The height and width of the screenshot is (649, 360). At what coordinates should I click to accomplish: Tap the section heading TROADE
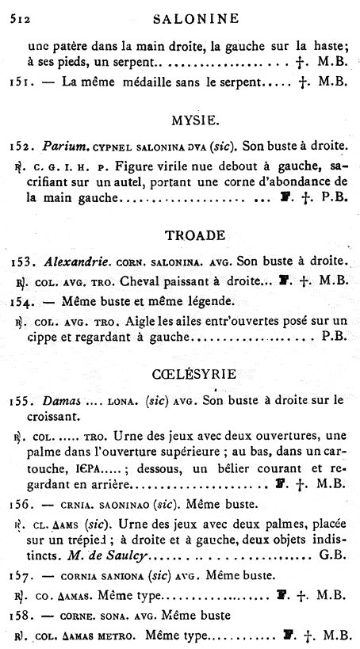(195, 235)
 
